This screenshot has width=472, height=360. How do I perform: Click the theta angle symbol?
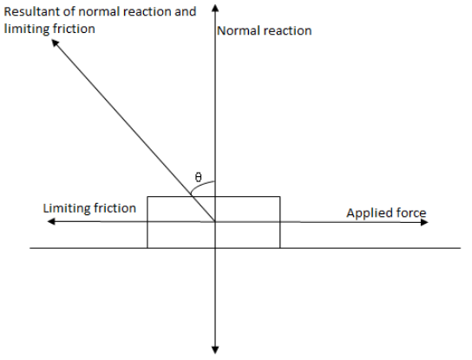click(x=198, y=177)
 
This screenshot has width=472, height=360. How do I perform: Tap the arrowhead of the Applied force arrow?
click(x=424, y=222)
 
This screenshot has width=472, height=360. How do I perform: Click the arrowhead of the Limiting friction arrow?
click(x=51, y=221)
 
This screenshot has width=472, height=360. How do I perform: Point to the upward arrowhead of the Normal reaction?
click(x=215, y=8)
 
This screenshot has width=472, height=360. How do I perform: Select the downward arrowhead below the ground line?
click(x=215, y=350)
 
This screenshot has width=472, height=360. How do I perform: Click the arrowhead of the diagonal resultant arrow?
click(x=55, y=43)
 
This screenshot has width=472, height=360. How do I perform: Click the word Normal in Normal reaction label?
click(x=237, y=30)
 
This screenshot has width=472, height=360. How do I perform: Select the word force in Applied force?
click(x=411, y=213)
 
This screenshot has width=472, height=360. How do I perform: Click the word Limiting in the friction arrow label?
click(x=66, y=208)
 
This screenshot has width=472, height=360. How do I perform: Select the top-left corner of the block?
click(x=147, y=197)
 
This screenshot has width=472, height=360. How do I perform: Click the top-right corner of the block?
click(x=280, y=197)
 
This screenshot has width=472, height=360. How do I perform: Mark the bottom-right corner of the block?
click(x=280, y=248)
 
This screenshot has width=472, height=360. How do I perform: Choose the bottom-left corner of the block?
click(x=147, y=248)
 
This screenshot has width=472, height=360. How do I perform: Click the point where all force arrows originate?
click(x=215, y=222)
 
